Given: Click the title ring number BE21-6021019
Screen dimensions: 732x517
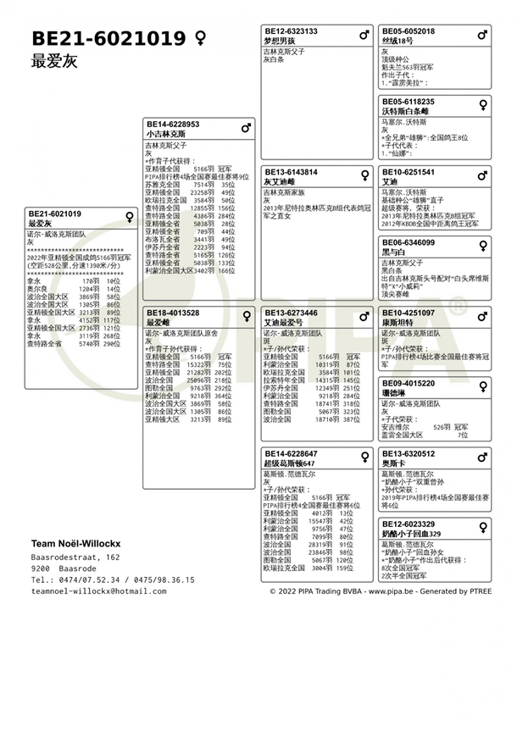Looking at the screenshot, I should (x=108, y=38).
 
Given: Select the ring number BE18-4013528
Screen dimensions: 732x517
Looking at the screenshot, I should (x=173, y=313).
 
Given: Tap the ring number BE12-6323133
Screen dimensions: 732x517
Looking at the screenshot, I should (x=291, y=31).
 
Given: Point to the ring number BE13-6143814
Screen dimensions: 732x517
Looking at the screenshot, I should (x=291, y=172).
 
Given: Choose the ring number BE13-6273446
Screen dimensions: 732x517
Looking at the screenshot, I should (x=291, y=313).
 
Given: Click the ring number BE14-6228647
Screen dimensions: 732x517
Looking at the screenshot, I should (x=291, y=453).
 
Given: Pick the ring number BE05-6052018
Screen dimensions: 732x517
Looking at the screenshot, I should (x=409, y=31).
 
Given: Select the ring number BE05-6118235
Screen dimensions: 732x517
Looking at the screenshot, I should (x=409, y=102).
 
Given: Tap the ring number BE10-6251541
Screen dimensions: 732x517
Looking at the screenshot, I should (x=409, y=172).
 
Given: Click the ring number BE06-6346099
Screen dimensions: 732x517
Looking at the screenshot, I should (x=409, y=242).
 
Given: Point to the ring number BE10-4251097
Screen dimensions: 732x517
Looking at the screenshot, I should (x=409, y=313).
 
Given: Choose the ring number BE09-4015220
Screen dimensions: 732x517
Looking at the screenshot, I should (x=409, y=383).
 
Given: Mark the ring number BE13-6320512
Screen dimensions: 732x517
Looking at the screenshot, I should (x=409, y=453).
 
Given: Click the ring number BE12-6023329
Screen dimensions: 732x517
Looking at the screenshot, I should (x=409, y=524).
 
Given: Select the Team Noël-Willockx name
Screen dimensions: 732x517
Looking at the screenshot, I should (x=75, y=543).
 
